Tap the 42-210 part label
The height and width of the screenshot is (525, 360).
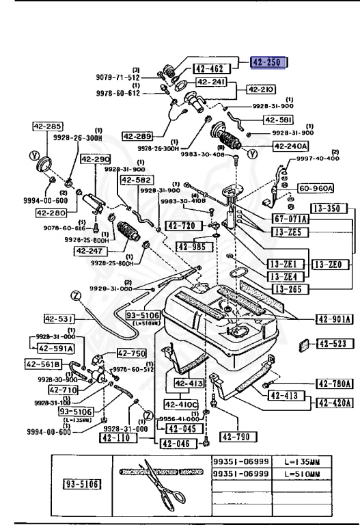(x=261, y=90)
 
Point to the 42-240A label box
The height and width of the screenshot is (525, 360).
(x=291, y=146)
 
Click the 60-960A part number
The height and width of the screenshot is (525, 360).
(x=316, y=188)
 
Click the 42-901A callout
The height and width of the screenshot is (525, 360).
(x=334, y=319)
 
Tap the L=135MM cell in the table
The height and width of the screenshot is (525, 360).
(x=305, y=462)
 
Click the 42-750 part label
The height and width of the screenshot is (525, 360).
(x=132, y=353)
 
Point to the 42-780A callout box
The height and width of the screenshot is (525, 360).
(x=334, y=384)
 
